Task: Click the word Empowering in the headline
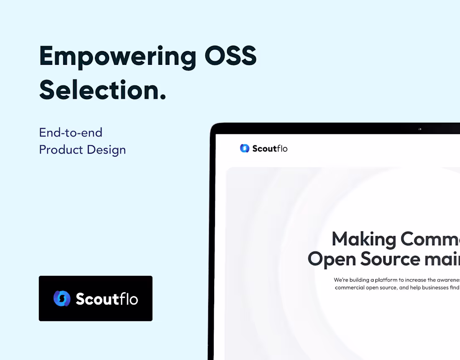(118, 56)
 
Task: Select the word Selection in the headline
(99, 90)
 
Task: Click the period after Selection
(163, 98)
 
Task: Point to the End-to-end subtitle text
(71, 133)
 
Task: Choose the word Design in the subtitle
(106, 150)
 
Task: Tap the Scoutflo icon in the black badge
(62, 298)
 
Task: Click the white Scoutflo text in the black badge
(107, 299)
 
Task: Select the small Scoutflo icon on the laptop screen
(245, 148)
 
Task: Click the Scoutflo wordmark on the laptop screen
(270, 149)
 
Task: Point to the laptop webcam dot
(420, 129)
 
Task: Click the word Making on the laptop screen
(363, 239)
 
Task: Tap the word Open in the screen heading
(332, 259)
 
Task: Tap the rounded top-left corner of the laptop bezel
(213, 127)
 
